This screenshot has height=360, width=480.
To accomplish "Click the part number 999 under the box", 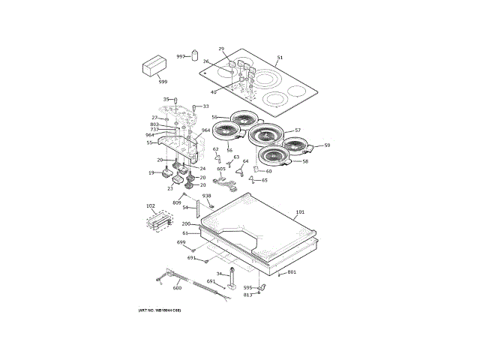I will (x=163, y=81).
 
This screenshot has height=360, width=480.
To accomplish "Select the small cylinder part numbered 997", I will (x=193, y=55).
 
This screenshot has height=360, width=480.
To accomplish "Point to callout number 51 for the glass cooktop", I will (x=280, y=58).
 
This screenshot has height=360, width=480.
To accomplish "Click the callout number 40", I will (x=213, y=92).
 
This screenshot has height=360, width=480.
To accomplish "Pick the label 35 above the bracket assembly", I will (x=166, y=99).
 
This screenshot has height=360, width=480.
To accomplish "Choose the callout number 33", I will (x=205, y=106).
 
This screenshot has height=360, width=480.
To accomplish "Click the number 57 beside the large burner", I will (x=297, y=130).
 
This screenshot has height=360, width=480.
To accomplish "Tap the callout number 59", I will (x=326, y=145).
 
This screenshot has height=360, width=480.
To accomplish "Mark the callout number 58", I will (x=305, y=161).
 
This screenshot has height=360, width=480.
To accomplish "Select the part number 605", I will (x=221, y=169).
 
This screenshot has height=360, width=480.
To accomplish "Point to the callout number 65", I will (x=264, y=180).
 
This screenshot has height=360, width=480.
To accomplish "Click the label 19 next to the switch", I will (x=151, y=173).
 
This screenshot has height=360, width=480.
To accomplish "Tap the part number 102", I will (x=150, y=205).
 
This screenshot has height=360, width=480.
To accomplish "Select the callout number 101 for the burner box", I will (x=300, y=212).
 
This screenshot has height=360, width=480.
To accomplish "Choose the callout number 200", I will (x=185, y=224).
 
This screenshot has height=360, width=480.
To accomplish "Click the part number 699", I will (x=181, y=242).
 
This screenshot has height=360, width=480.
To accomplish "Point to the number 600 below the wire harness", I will (x=177, y=288).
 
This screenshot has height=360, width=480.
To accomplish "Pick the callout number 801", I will (x=292, y=271).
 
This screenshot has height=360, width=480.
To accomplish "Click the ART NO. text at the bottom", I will (x=160, y=310).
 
